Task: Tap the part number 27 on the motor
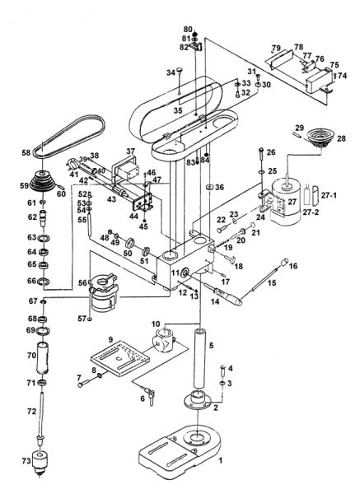pyautogui.click(x=293, y=202)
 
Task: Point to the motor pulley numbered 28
pyautogui.click(x=317, y=138)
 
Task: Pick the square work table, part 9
pyautogui.click(x=120, y=358)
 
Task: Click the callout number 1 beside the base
pyautogui.click(x=221, y=460)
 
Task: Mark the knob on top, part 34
pyautogui.click(x=179, y=70)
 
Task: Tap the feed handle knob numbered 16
pyautogui.click(x=285, y=262)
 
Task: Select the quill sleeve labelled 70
pyautogui.click(x=44, y=358)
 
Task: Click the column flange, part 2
pyautogui.click(x=198, y=400)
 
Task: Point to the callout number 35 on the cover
pyautogui.click(x=178, y=111)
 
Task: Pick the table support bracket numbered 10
pyautogui.click(x=163, y=341)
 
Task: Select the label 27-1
pyautogui.click(x=329, y=196)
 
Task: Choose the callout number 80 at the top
pyautogui.click(x=188, y=30)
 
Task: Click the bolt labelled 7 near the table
pyautogui.click(x=84, y=384)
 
